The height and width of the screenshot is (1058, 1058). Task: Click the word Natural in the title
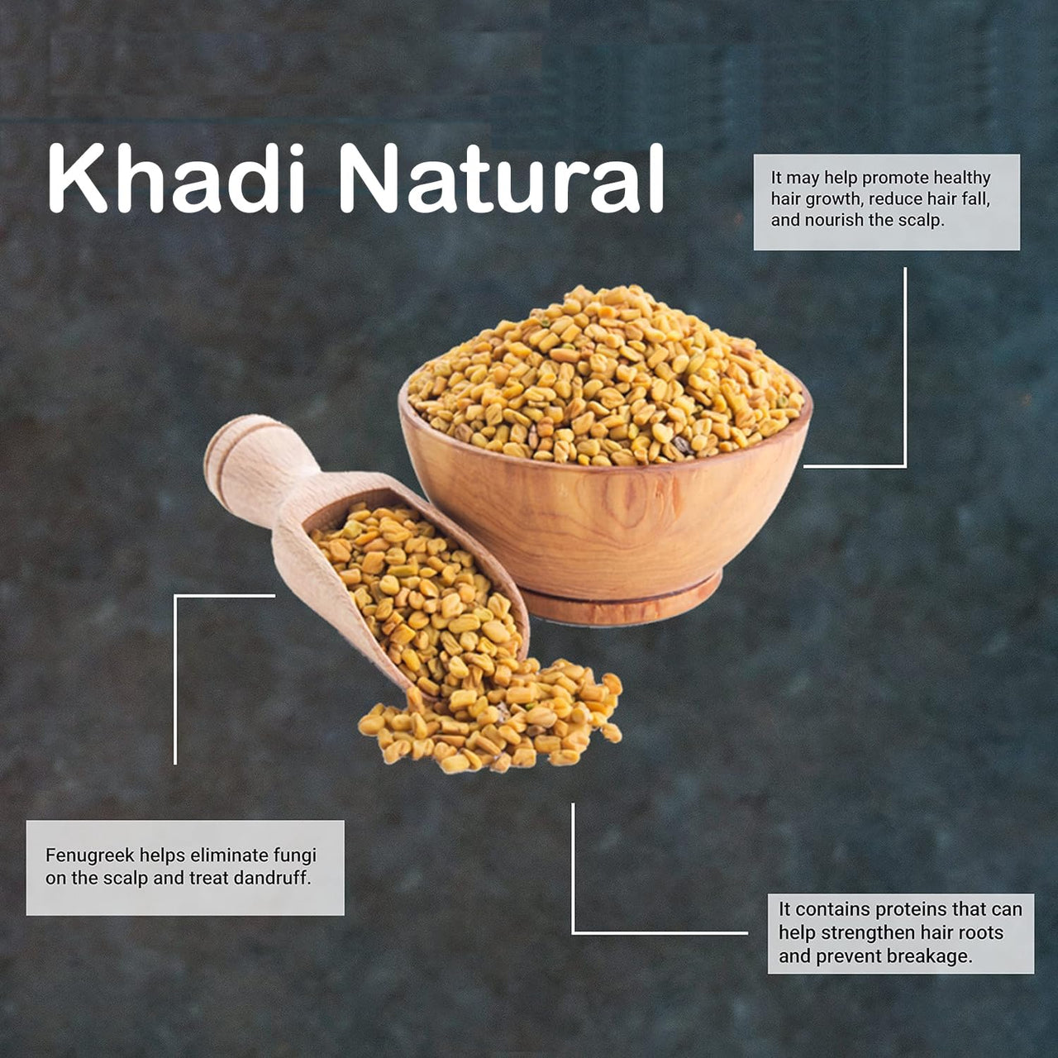(x=502, y=179)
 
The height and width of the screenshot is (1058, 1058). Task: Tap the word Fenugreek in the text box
(x=90, y=856)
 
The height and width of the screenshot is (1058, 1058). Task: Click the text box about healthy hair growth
(x=887, y=202)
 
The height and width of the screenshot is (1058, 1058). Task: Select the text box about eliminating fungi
(x=185, y=868)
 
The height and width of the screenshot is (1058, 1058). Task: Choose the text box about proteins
(x=900, y=932)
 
